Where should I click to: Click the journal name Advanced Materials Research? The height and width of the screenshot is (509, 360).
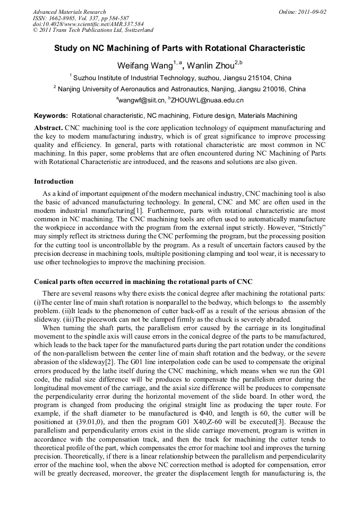69,12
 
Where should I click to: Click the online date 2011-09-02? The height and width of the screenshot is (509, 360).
310,12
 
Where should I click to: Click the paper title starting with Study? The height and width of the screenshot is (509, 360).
179,48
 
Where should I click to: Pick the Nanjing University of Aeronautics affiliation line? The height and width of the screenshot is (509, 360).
181,89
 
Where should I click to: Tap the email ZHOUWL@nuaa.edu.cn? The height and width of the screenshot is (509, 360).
207,100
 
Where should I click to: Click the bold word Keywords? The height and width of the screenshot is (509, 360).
51,115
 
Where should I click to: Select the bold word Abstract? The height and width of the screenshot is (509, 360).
48,128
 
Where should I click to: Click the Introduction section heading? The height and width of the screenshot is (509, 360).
54,182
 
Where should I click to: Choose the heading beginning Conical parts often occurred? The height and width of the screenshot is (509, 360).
143,281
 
